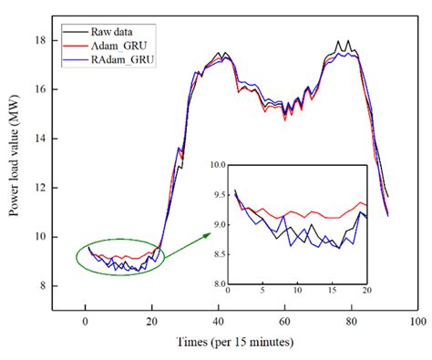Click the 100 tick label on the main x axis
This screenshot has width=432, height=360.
pyautogui.click(x=417, y=322)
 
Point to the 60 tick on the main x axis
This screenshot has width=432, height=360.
pyautogui.click(x=284, y=322)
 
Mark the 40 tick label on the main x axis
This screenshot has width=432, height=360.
pyautogui.click(x=218, y=322)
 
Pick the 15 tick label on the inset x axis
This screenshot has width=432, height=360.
pyautogui.click(x=334, y=292)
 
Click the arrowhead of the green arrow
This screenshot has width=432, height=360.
pyautogui.click(x=206, y=233)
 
